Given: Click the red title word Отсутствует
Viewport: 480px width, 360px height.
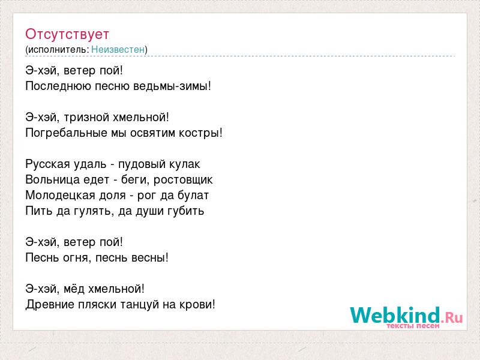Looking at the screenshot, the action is [x=67, y=34].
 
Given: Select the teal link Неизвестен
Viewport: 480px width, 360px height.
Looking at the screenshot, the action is [x=118, y=50].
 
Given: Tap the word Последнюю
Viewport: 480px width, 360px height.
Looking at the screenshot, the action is [x=58, y=86].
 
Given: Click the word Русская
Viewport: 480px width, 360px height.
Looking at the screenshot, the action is [x=48, y=164].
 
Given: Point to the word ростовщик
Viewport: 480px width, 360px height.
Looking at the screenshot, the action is [x=183, y=180].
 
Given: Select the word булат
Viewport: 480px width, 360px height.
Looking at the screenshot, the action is [x=193, y=196].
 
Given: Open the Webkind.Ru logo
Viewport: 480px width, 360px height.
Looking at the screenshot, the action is [x=406, y=317].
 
